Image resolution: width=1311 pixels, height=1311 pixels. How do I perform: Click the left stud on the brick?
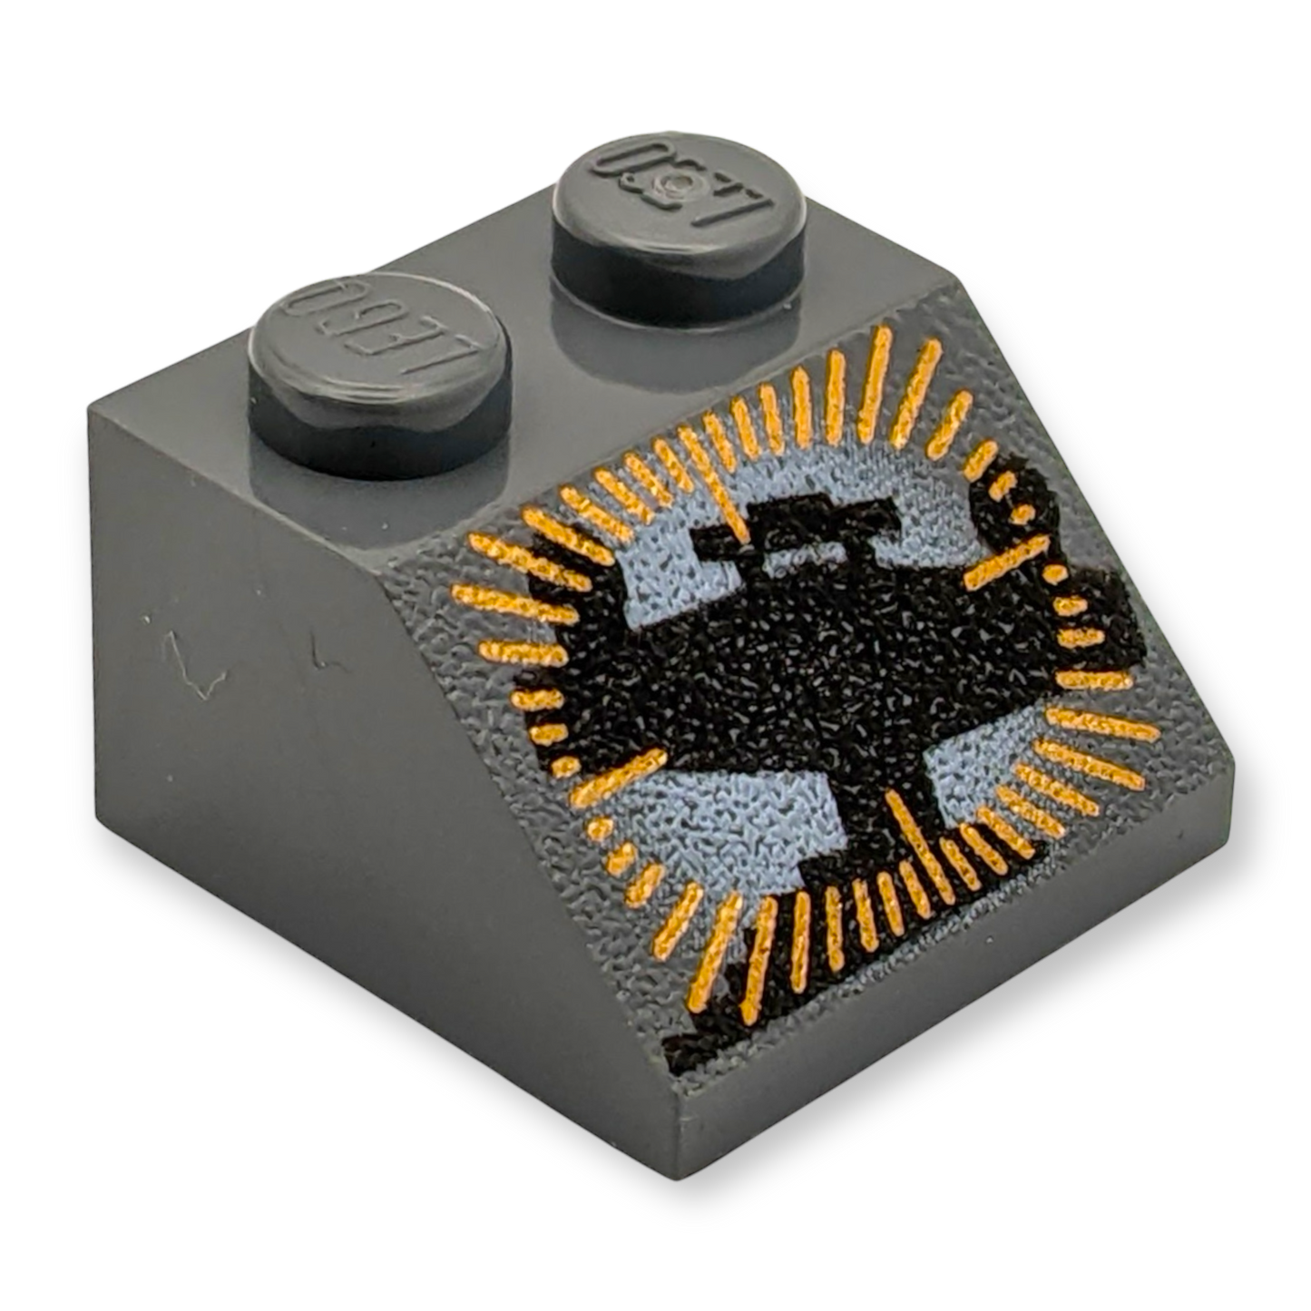[x=379, y=373]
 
